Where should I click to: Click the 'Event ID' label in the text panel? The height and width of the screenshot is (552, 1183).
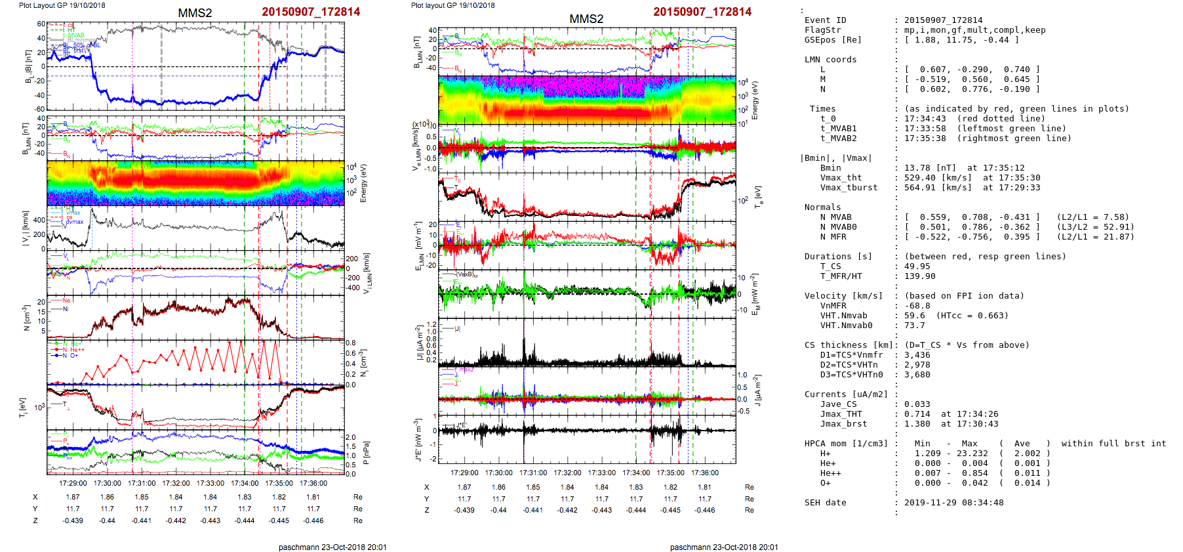click(825, 20)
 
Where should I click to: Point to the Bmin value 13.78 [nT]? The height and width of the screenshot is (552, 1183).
click(923, 168)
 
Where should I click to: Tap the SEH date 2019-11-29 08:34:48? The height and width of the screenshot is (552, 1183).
click(953, 503)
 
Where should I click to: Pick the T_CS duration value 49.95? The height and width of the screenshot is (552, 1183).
click(917, 266)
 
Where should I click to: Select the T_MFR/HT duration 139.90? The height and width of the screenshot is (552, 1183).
click(919, 276)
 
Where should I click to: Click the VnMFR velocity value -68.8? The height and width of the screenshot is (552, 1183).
click(917, 306)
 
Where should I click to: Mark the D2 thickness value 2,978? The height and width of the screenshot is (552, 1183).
click(917, 365)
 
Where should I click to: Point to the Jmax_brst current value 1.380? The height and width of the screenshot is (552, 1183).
click(917, 424)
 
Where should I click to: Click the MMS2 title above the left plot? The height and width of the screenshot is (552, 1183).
click(195, 13)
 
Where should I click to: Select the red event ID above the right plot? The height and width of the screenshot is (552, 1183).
click(702, 12)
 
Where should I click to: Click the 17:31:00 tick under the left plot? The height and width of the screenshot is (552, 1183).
click(142, 483)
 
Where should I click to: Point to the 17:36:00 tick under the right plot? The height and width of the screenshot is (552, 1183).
click(705, 473)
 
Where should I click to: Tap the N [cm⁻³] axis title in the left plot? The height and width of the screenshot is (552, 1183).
click(26, 318)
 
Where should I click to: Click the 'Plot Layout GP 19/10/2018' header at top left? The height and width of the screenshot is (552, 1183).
click(62, 5)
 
